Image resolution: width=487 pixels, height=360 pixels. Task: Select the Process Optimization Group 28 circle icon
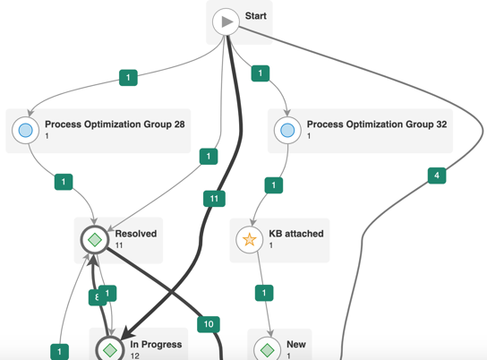point(25,130)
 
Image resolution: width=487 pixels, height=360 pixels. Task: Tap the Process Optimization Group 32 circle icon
point(287,130)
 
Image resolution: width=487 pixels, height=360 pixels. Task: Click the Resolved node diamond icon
point(95,240)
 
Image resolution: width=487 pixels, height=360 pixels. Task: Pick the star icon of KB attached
point(250,240)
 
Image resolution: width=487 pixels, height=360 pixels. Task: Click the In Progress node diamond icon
point(109,350)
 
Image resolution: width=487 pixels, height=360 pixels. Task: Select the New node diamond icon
point(268,350)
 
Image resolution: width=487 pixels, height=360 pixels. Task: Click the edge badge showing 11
point(214,199)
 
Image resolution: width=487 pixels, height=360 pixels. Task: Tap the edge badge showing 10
point(209,324)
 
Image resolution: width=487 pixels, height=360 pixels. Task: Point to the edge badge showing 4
point(437,176)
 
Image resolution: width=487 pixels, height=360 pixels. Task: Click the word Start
point(256,16)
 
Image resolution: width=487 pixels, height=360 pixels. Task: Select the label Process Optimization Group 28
point(115,124)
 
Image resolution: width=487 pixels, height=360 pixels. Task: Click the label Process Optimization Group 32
point(377,124)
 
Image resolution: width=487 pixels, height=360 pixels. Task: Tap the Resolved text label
point(136,234)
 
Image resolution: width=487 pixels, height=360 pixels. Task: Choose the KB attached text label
point(296,234)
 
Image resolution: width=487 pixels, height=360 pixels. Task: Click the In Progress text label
point(156,344)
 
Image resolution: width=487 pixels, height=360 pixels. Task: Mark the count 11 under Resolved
point(119,245)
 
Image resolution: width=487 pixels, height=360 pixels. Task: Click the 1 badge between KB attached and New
point(264,293)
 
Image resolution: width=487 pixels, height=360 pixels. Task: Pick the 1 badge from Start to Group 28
point(128,77)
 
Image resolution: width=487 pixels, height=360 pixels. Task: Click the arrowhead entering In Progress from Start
point(127,333)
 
